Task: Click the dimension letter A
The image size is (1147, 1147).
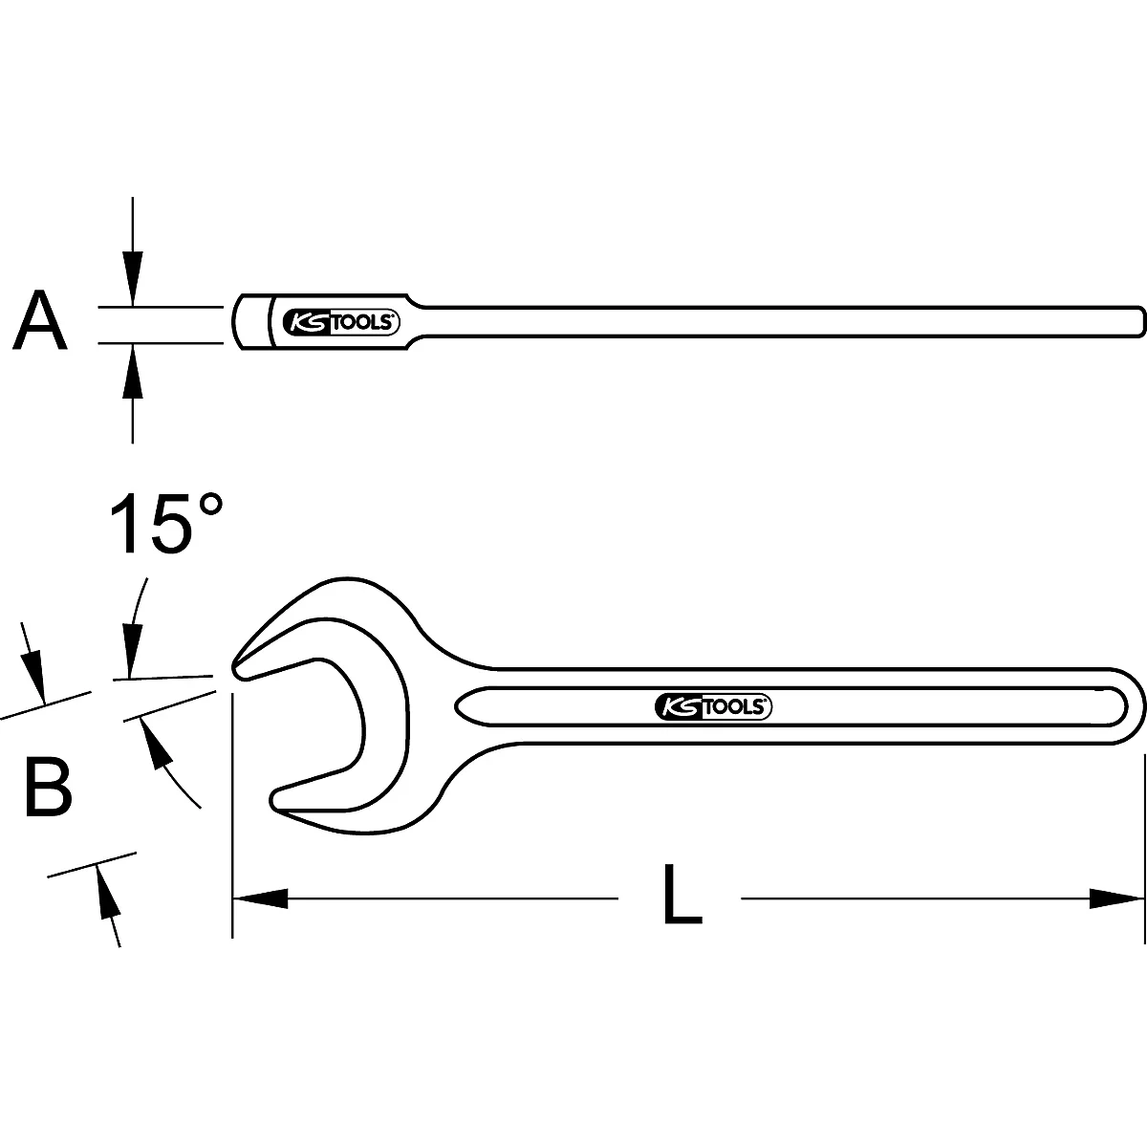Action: [x=40, y=322]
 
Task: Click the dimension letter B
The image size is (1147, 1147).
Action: [x=48, y=788]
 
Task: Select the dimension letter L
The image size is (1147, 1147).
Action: [x=681, y=897]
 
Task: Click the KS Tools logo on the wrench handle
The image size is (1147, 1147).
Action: [x=713, y=706]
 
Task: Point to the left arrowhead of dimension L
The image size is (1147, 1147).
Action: [x=260, y=898]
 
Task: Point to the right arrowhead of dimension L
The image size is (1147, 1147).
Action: [x=1116, y=898]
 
